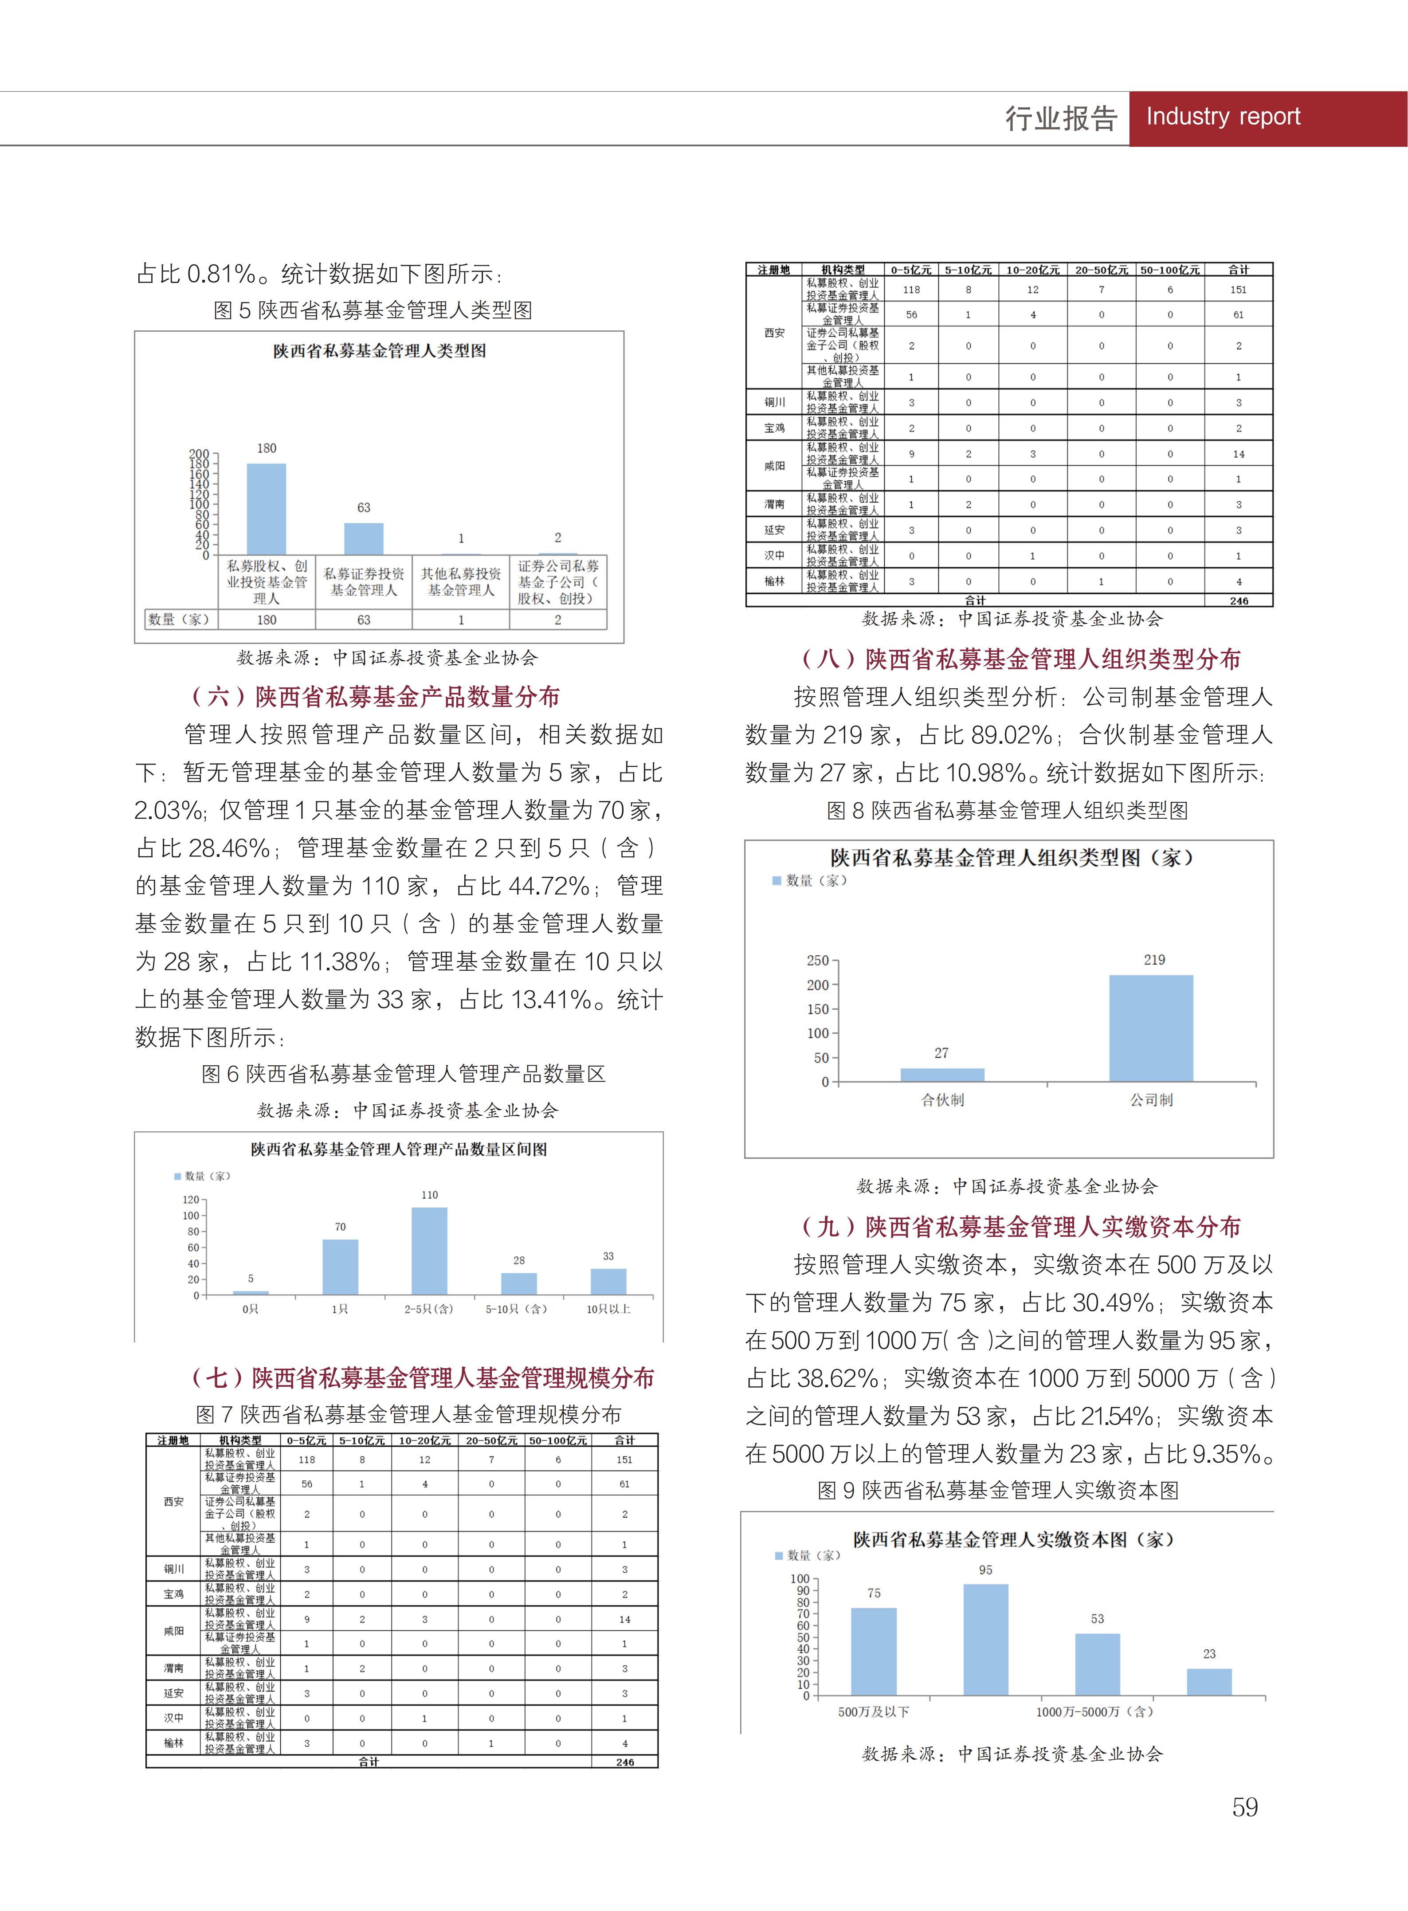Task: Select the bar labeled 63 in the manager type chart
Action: (364, 539)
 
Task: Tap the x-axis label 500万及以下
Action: (874, 1711)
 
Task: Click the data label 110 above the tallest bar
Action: (430, 1195)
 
